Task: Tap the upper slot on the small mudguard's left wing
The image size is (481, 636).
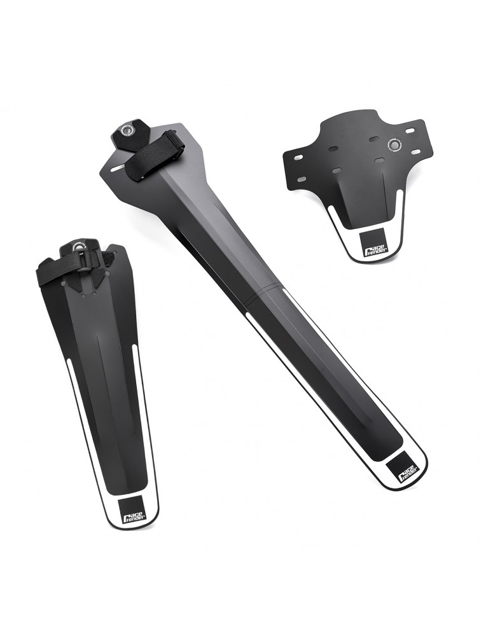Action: click(296, 156)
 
